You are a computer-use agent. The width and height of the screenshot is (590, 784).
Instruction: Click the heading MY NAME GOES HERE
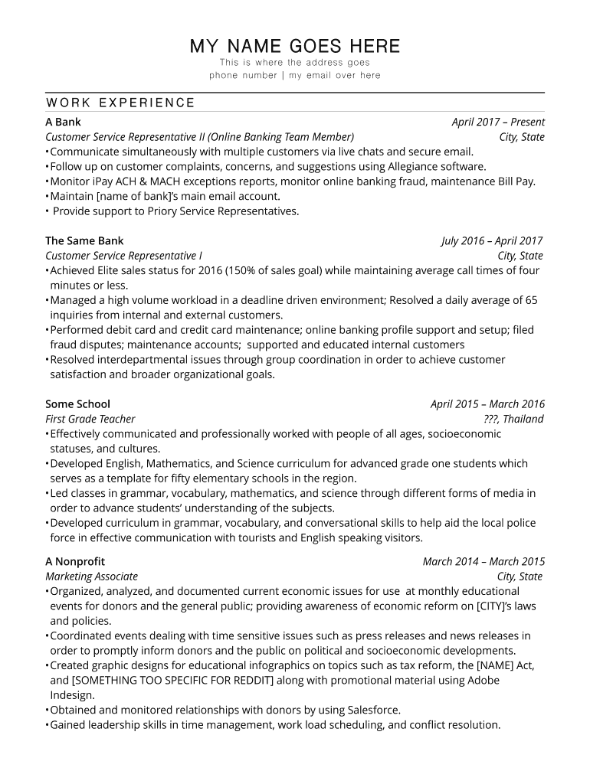[x=295, y=46]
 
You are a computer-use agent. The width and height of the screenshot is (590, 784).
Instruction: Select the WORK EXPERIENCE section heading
[x=120, y=103]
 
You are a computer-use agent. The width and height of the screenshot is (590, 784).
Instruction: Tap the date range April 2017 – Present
[x=498, y=122]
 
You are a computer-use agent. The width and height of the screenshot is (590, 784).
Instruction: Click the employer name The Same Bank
[x=84, y=240]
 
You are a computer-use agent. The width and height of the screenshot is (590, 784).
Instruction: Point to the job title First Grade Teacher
[x=90, y=419]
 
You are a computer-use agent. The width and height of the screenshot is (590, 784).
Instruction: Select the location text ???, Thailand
[x=513, y=419]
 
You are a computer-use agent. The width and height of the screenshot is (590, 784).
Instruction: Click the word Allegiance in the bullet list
[x=401, y=166]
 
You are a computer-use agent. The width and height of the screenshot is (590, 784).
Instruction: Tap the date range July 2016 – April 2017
[x=493, y=240]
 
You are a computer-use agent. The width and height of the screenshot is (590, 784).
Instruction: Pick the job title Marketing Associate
[x=91, y=577]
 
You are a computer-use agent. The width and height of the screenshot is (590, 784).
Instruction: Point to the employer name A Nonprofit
[x=75, y=561]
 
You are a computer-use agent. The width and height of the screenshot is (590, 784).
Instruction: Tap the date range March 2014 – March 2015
[x=483, y=561]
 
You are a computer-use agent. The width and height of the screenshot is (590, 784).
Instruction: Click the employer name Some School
[x=77, y=403]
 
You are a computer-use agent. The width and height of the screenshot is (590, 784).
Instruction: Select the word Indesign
[x=72, y=695]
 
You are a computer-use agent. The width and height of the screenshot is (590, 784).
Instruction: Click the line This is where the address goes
[x=295, y=62]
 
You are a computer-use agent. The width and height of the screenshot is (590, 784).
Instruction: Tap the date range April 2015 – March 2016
[x=487, y=403]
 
